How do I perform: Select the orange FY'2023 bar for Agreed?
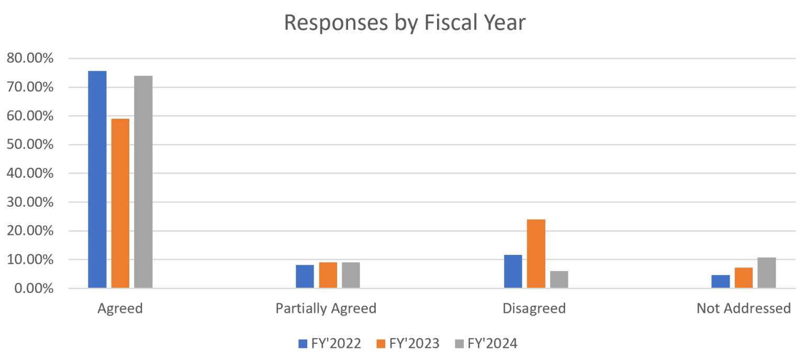(x=120, y=204)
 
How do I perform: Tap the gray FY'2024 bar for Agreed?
(x=143, y=182)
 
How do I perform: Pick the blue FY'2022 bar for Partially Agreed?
(x=305, y=276)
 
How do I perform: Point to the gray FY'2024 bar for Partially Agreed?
(x=351, y=275)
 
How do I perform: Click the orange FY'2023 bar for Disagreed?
(x=536, y=254)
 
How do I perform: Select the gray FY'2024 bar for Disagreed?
(x=559, y=279)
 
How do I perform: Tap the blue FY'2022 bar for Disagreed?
(x=513, y=272)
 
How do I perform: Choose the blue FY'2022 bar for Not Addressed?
(x=720, y=282)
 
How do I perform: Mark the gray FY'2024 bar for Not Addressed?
(x=766, y=273)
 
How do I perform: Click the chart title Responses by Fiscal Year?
(x=405, y=23)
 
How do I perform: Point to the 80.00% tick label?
(x=30, y=58)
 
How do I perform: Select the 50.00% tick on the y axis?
(x=30, y=144)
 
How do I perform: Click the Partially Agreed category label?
(x=326, y=309)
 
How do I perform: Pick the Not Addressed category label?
(x=743, y=309)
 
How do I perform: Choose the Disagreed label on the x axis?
(x=534, y=309)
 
